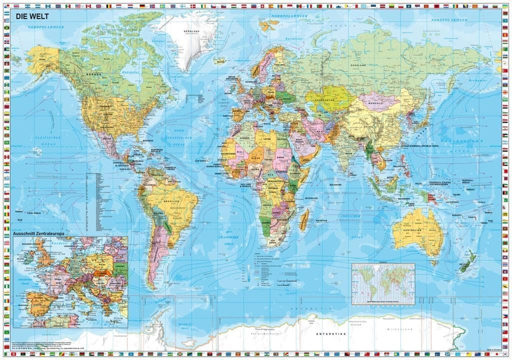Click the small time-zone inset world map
coord(383,283)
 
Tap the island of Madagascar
coord(304,219)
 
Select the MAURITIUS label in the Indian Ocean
coord(321,220)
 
